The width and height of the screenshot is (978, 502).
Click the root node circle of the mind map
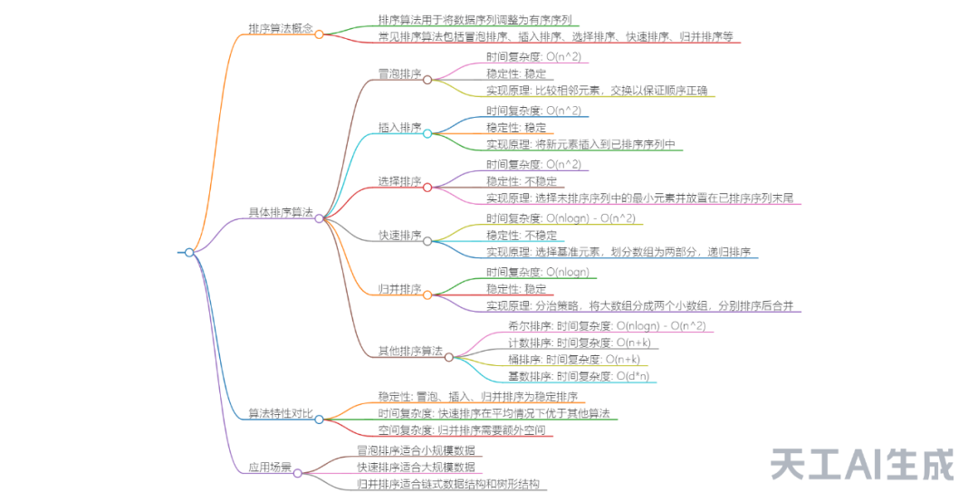click(189, 253)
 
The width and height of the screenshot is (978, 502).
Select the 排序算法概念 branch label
click(281, 29)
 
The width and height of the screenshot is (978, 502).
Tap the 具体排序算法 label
click(281, 213)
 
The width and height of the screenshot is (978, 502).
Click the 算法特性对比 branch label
click(281, 414)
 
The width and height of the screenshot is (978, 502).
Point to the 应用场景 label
click(270, 468)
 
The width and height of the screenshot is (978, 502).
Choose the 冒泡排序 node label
click(399, 74)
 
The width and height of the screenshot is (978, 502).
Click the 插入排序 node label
click(399, 128)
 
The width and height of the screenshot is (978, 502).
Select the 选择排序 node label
click(399, 181)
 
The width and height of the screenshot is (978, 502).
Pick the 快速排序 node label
click(399, 236)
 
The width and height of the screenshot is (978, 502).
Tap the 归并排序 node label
click(399, 289)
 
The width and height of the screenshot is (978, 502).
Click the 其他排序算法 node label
click(410, 351)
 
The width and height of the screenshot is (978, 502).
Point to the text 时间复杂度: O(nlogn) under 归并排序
click(538, 272)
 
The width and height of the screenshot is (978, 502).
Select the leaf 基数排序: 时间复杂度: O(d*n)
click(579, 376)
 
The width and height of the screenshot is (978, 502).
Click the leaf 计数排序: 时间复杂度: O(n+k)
click(579, 343)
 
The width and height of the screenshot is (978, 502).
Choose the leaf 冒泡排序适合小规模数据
click(415, 450)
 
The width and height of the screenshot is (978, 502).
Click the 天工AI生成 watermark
click(862, 464)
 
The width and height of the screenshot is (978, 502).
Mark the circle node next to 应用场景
click(298, 472)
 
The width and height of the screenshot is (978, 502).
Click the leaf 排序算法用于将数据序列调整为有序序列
click(475, 19)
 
